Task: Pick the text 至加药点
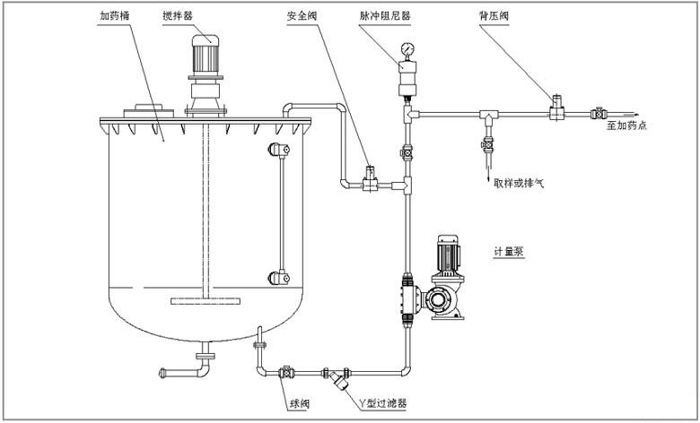626,126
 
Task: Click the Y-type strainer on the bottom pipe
337,377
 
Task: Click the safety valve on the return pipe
369,176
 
